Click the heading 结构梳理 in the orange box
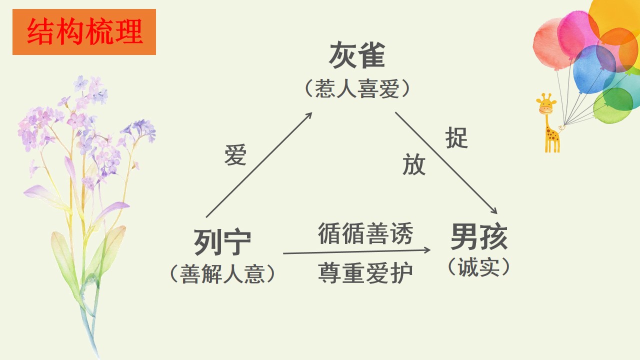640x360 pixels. tap(84, 31)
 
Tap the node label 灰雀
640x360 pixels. tap(357, 55)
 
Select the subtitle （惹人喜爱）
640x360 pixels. tap(357, 89)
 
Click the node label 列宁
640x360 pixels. tap(222, 242)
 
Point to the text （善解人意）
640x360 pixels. tap(222, 273)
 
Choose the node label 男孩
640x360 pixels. tap(479, 236)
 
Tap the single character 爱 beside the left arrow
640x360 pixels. tap(235, 155)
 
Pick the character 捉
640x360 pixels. tap(456, 137)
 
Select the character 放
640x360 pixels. tap(414, 164)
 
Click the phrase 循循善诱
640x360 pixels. tap(365, 233)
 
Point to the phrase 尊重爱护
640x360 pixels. tap(365, 273)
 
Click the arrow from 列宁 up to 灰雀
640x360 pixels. tap(259, 165)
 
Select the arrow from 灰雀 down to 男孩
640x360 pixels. tap(446, 163)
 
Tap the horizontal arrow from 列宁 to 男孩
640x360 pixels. tap(356, 251)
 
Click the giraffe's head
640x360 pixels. tap(546, 103)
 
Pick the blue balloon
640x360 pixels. tap(593, 69)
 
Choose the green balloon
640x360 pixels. tap(613, 105)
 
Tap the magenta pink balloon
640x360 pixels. tap(576, 34)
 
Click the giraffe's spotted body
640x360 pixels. tap(552, 134)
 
